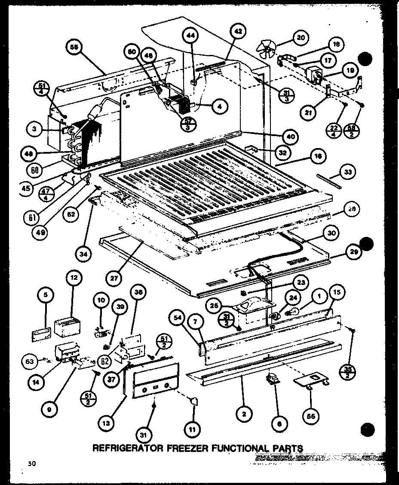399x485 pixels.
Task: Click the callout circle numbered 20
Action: point(301,38)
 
